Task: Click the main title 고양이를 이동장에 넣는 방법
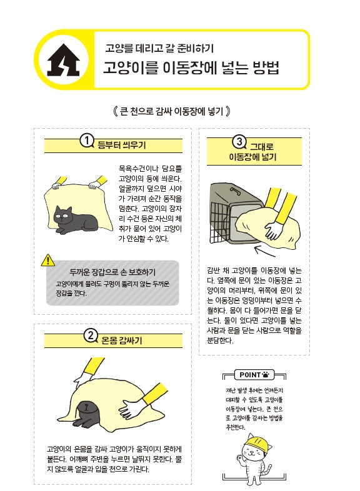point(191,68)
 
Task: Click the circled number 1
point(88,141)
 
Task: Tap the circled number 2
point(91,336)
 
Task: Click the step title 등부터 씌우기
point(122,146)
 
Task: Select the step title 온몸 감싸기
point(122,340)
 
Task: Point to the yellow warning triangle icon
point(48,260)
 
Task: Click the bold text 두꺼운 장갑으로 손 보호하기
point(112,272)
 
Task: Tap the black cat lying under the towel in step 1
point(76,218)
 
